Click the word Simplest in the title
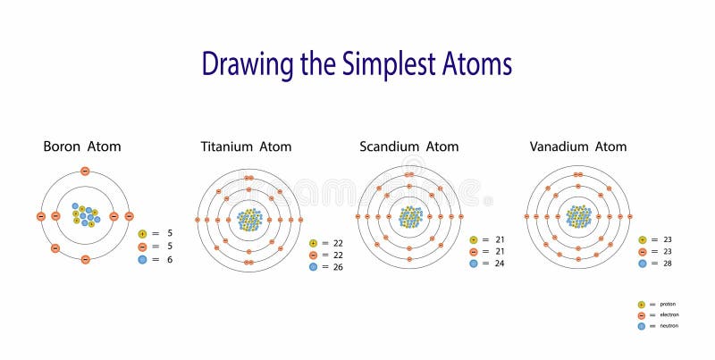click(399, 64)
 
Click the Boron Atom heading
click(82, 147)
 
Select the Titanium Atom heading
click(246, 147)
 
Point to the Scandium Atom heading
click(408, 147)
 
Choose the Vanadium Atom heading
click(577, 147)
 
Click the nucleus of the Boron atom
click(84, 215)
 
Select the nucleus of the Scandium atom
click(409, 217)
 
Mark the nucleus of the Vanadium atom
click(578, 216)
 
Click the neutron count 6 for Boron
click(169, 259)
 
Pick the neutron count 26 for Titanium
click(337, 267)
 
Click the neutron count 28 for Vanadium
click(667, 264)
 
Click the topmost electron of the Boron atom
click(85, 171)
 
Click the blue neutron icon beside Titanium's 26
click(313, 267)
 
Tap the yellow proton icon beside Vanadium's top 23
click(643, 240)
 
